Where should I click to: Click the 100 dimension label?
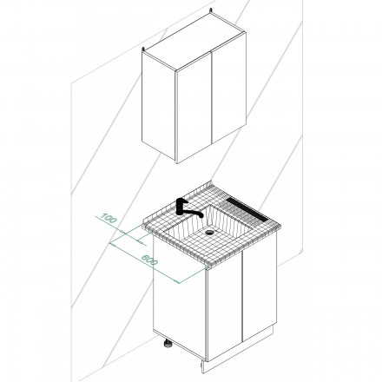click(109, 218)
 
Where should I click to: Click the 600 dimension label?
click(149, 260)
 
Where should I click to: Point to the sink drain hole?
click(208, 232)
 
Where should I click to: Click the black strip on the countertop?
click(247, 208)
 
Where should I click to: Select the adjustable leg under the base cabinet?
click(168, 344)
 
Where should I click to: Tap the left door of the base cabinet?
click(225, 306)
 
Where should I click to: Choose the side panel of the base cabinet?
click(180, 297)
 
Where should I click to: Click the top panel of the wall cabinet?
click(194, 42)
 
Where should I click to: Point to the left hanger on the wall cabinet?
click(142, 49)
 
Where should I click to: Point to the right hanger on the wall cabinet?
click(211, 10)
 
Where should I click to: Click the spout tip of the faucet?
click(201, 216)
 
